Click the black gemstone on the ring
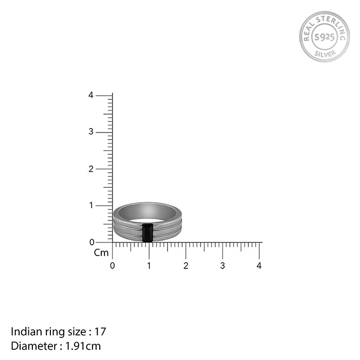click(148, 232)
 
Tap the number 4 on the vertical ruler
click(91, 95)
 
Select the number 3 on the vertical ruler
click(91, 132)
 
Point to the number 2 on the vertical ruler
click(91, 169)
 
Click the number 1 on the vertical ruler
click(92, 205)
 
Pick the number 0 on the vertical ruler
click(92, 242)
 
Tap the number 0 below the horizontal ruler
click(112, 266)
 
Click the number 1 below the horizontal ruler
click(149, 266)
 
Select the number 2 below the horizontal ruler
click(186, 266)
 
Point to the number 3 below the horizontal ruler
click(223, 266)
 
